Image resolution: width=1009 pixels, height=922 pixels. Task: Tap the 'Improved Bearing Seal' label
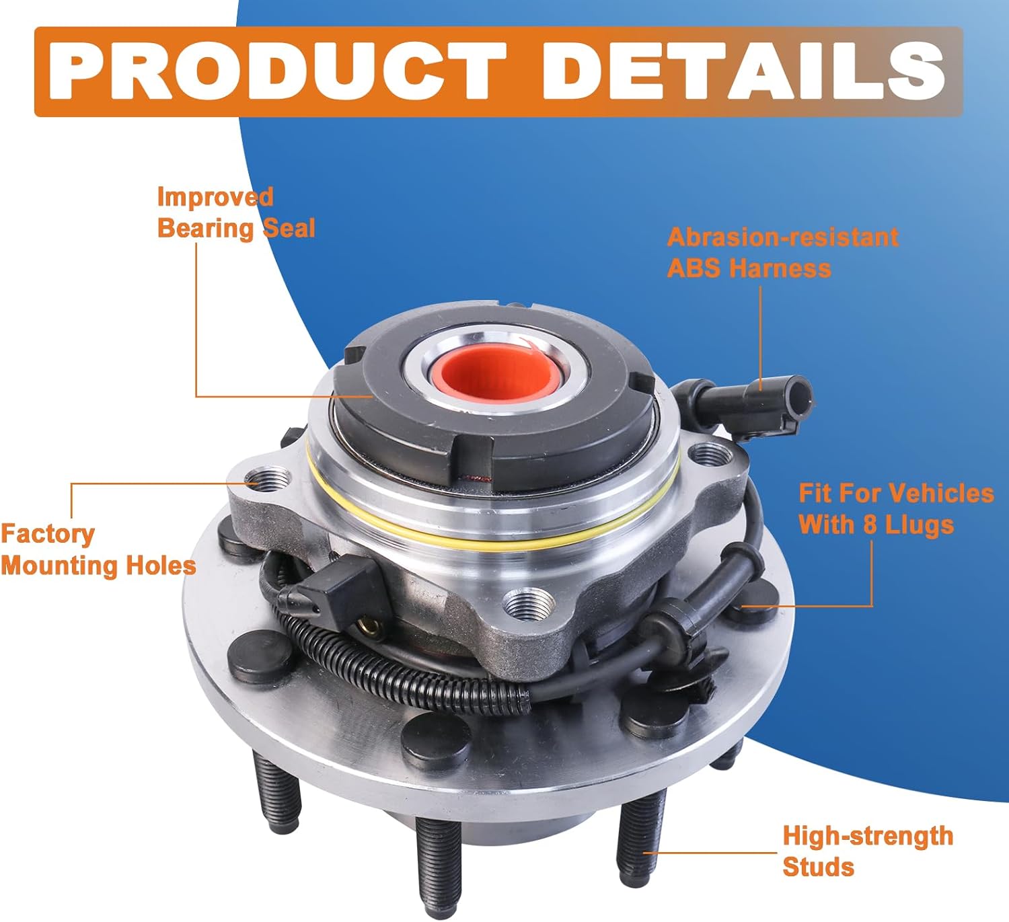235,213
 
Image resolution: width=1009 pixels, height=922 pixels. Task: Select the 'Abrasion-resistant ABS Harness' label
782,252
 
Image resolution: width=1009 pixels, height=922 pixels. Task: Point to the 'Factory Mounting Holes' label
98,549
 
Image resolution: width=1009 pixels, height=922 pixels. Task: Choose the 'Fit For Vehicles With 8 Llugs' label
895,508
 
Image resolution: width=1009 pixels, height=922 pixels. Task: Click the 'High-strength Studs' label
867,851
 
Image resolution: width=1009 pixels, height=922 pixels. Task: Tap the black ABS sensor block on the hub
343,585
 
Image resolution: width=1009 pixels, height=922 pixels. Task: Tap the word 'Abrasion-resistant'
782,237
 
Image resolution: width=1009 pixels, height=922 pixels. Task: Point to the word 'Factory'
47,534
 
